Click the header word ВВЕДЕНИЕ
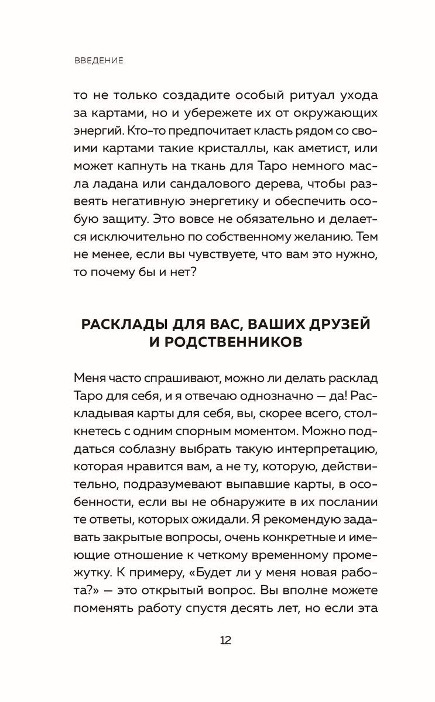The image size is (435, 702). click(x=99, y=61)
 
